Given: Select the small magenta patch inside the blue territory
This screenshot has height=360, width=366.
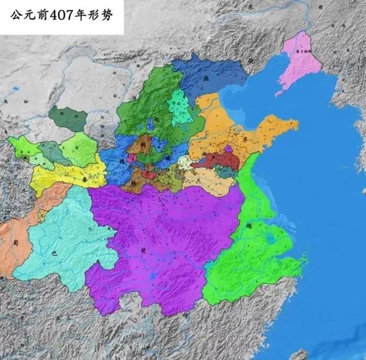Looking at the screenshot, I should pyautogui.click(x=132, y=157).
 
